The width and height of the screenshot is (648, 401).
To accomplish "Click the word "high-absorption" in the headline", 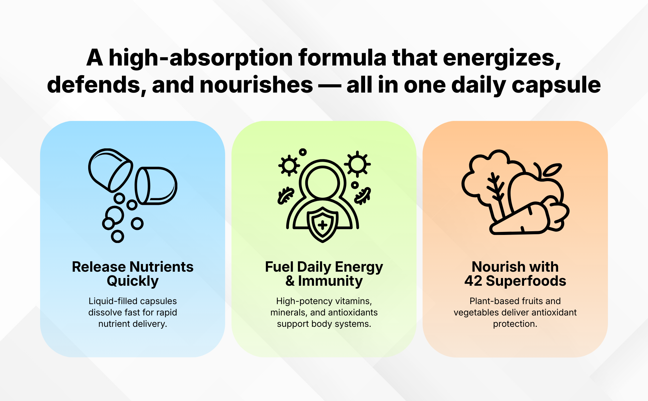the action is [x=201, y=58].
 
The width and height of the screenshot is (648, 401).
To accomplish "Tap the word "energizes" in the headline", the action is [x=502, y=58].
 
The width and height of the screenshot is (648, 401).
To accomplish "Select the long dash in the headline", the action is [x=327, y=86].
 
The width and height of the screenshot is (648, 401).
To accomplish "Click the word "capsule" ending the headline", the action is [x=556, y=85].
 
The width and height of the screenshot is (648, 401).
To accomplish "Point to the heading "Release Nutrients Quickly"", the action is [x=133, y=274].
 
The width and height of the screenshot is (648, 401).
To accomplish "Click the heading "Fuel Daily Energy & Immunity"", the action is [x=324, y=274].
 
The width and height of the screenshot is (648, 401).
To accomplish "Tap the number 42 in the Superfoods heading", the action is [x=473, y=281].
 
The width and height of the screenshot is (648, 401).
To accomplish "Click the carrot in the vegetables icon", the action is [x=519, y=219].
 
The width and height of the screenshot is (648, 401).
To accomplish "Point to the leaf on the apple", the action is [x=551, y=170].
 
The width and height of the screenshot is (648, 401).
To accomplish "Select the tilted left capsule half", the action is [x=110, y=170].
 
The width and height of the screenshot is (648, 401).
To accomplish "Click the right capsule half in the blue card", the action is [x=156, y=186].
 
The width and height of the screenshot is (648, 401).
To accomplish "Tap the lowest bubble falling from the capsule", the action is [x=117, y=236].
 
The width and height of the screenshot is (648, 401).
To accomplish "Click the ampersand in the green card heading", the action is [x=290, y=281].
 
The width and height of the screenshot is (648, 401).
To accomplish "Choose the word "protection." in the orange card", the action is [x=515, y=324].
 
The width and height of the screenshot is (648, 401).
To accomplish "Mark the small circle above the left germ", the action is [x=303, y=152].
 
